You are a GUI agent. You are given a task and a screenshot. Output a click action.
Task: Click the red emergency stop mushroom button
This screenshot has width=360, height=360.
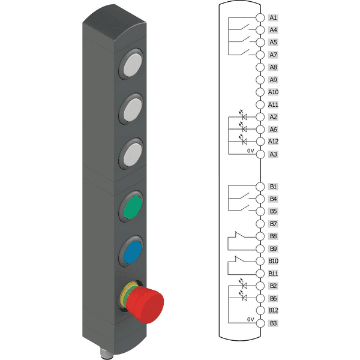tap(145, 304)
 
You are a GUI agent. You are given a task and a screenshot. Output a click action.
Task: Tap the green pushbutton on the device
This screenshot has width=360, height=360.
tap(133, 208)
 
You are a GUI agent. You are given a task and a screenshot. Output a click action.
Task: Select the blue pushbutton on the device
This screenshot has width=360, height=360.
tap(133, 253)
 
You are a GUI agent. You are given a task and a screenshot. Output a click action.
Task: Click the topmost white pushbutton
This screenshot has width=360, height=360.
tap(133, 65)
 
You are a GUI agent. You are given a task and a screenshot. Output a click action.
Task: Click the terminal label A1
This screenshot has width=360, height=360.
tap(273, 17)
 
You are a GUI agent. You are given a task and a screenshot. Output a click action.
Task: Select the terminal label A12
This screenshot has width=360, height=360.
tap(273, 141)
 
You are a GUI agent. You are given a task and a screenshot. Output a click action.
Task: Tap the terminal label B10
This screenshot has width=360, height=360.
tap(273, 261)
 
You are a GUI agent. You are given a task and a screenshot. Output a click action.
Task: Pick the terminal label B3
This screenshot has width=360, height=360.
tap(273, 323)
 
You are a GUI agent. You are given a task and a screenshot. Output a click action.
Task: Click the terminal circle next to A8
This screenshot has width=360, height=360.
tap(260, 67)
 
